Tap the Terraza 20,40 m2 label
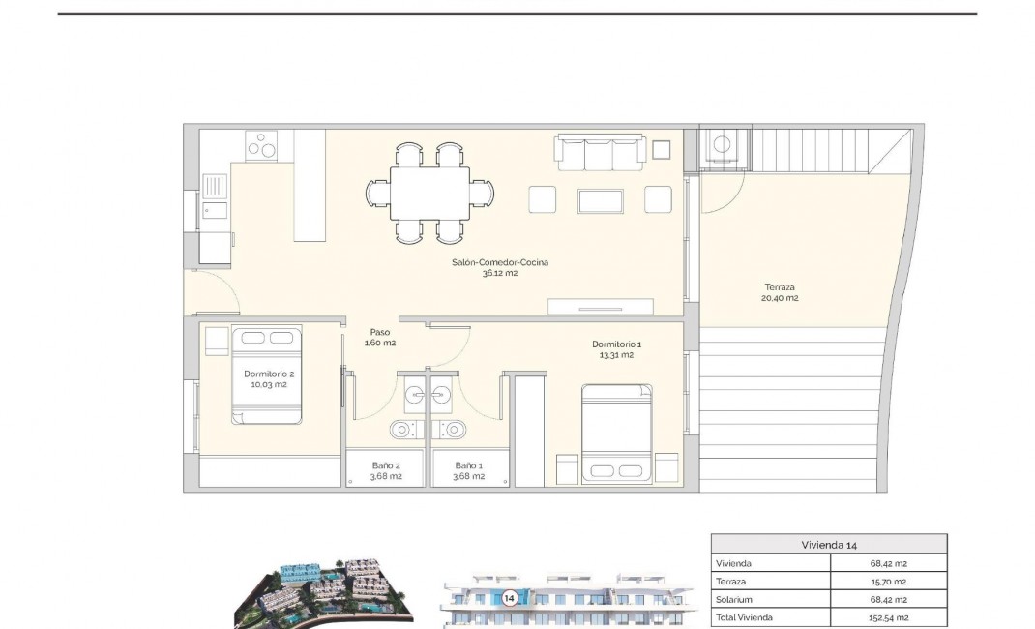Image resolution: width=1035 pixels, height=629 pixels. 781,292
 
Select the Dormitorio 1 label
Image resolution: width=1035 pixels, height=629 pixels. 616,349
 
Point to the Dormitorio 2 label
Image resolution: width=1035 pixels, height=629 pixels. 269,378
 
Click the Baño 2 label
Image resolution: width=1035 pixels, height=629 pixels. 386,470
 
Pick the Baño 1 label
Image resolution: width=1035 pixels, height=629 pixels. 469,470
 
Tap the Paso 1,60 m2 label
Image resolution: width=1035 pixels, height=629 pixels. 379,337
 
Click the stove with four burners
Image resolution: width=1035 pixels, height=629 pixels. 262,146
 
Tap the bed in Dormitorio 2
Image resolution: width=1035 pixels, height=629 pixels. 267,375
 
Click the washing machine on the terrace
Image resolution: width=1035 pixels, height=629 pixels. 722,146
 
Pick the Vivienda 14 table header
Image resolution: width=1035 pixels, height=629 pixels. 829,544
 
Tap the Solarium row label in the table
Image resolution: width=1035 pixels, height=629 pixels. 735,599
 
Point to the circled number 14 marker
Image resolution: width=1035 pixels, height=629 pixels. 508,598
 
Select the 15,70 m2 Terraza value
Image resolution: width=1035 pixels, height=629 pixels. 888,581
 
